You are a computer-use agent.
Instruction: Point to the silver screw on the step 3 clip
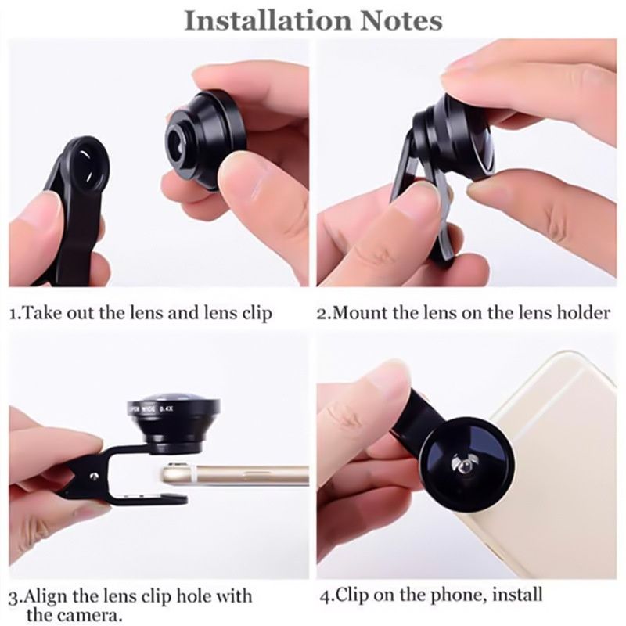(95, 475)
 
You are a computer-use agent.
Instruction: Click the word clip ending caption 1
(256, 314)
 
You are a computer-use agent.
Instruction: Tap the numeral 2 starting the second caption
(321, 314)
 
